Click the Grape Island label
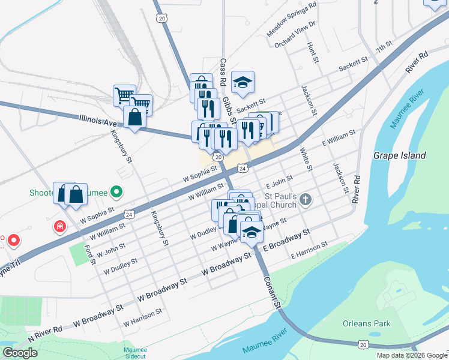pyautogui.click(x=400, y=155)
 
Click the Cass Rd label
pyautogui.click(x=223, y=71)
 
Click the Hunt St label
pyautogui.click(x=312, y=52)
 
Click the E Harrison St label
pyautogui.click(x=309, y=250)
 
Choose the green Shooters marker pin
pyautogui.click(x=117, y=193)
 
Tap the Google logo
pyautogui.click(x=20, y=353)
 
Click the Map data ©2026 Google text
pyautogui.click(x=411, y=355)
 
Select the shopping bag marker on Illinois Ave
pyautogui.click(x=135, y=118)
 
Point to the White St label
pyautogui.click(x=306, y=158)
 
